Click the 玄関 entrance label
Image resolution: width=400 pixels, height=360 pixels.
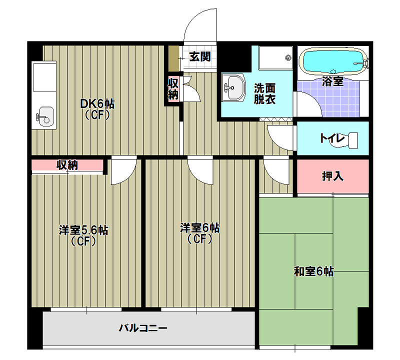199,56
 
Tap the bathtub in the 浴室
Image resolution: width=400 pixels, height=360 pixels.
331,61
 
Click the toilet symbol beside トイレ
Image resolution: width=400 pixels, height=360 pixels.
353,139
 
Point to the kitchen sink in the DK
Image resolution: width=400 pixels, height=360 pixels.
44,117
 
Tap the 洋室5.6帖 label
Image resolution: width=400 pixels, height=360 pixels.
83,230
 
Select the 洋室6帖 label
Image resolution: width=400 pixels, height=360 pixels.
200,228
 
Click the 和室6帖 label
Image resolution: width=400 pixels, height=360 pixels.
313,272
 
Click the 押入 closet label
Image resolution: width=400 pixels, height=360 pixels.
332,176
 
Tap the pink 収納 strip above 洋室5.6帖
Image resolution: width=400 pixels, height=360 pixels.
67,165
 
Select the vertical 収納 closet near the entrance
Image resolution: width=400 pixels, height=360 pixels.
173,88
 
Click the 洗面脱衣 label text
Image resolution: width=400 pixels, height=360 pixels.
264,93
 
